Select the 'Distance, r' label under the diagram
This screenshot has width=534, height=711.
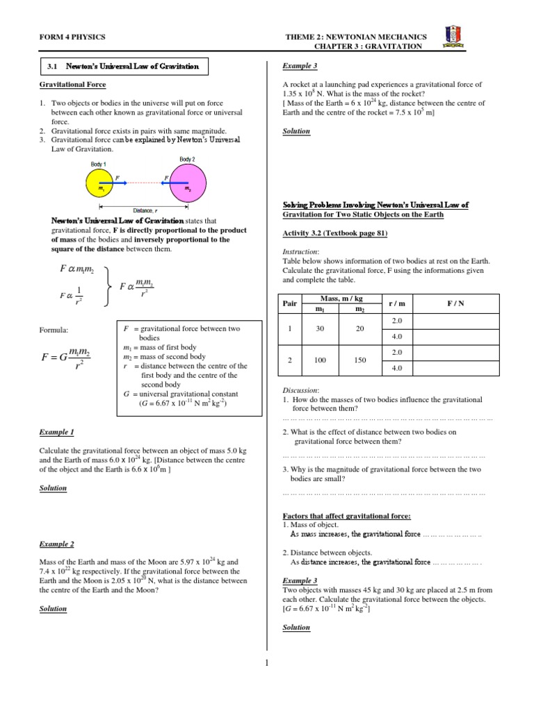[x=145, y=210]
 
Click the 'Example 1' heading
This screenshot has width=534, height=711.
[x=57, y=432]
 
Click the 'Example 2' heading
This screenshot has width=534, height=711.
[x=57, y=544]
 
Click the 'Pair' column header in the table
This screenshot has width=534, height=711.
[x=290, y=303]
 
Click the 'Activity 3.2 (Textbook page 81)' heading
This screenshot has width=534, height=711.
[x=334, y=234]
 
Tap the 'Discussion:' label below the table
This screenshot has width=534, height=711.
[x=301, y=390]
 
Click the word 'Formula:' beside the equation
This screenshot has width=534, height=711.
[x=55, y=330]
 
